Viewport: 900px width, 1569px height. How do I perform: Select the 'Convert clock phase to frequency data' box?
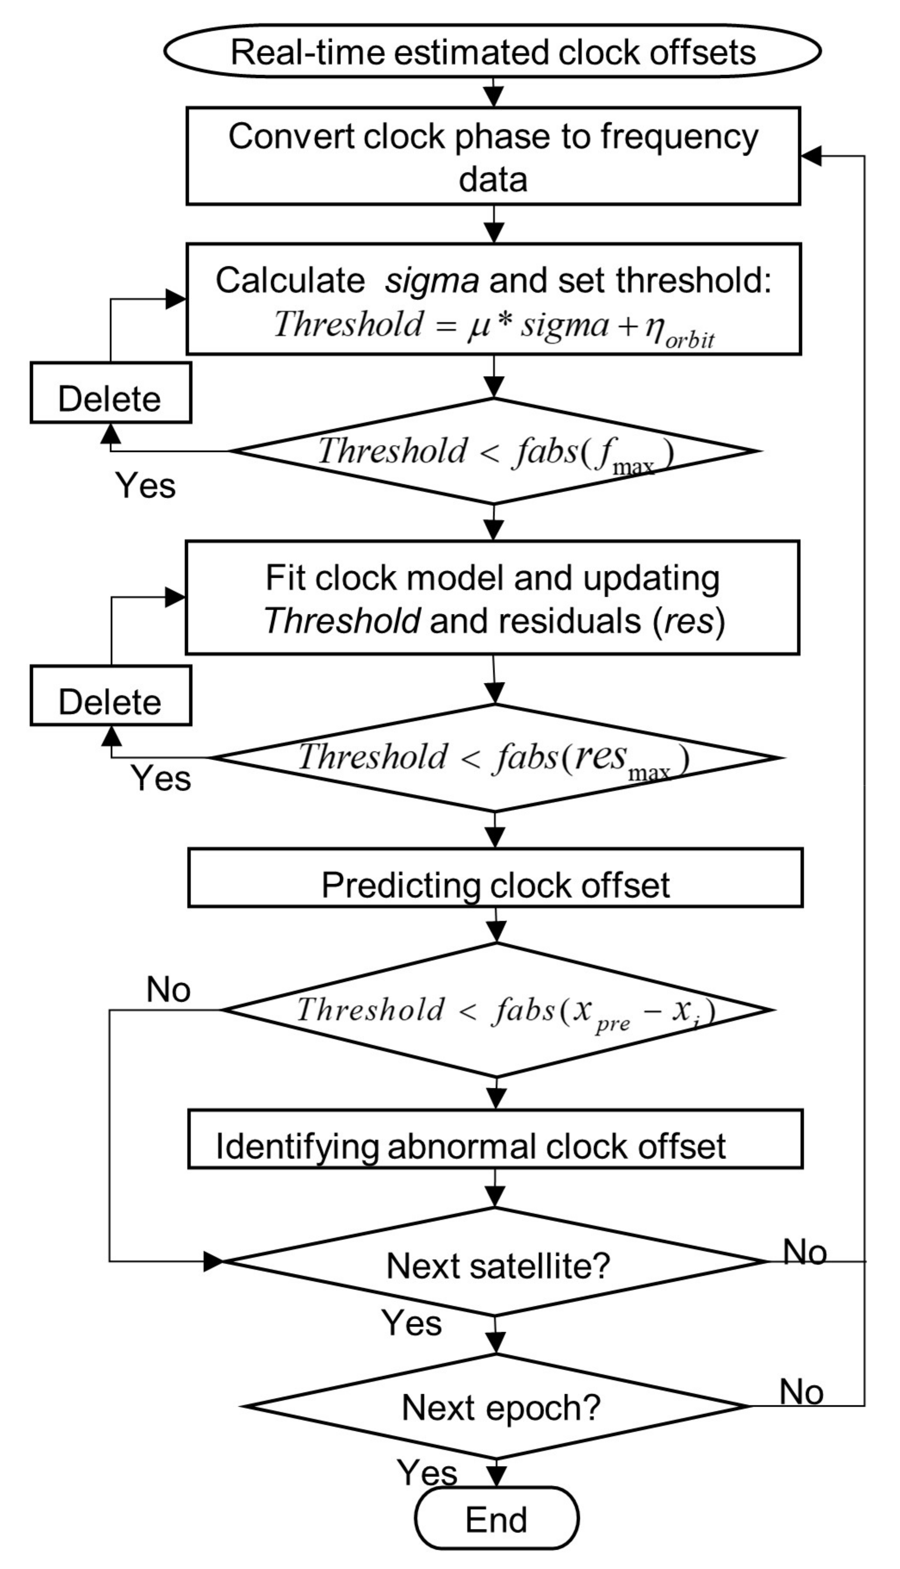point(493,156)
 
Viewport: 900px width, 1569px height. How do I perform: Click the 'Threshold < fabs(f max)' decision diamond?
point(494,451)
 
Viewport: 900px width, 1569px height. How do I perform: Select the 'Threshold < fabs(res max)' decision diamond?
point(494,758)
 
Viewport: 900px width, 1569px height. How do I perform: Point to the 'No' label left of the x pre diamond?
point(168,990)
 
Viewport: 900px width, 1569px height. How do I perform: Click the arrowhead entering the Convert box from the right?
point(811,156)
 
